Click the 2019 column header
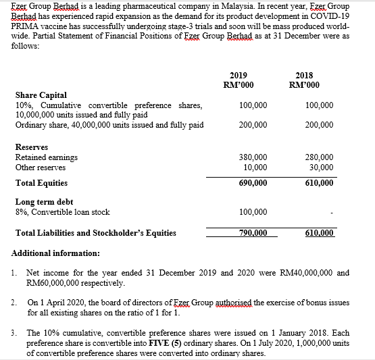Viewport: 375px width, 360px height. coord(239,75)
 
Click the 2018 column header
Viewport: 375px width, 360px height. coord(305,75)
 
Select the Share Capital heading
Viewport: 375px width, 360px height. coord(41,95)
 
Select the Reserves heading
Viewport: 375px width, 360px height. coord(32,147)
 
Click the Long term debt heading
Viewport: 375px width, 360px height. coord(44,201)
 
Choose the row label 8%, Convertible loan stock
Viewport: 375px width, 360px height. coord(62,212)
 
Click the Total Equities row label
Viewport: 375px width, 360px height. coord(41,183)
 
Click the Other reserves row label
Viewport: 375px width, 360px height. coord(41,167)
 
